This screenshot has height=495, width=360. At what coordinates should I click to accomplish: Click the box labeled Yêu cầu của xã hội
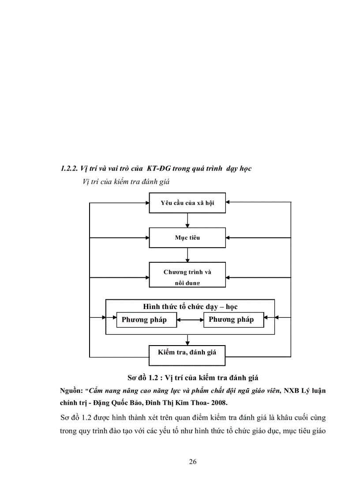187,203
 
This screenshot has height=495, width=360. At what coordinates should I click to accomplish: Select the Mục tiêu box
187,238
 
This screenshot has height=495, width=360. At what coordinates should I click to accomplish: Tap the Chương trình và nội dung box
187,275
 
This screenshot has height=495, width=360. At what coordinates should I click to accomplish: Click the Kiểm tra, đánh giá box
187,353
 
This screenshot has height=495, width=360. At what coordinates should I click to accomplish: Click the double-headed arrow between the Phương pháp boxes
190,320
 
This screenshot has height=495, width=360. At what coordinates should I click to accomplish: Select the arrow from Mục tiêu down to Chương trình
187,255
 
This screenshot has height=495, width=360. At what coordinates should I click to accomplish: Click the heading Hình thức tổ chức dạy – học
190,306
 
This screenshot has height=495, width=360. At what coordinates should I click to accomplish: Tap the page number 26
192,462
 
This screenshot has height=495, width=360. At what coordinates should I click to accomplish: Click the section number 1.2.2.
69,168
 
